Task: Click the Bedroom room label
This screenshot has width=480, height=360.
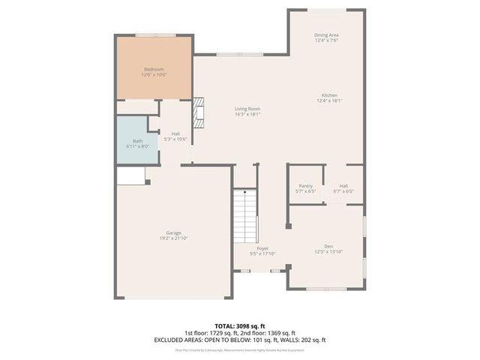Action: point(154,69)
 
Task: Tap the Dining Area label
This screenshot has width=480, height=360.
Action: point(326,35)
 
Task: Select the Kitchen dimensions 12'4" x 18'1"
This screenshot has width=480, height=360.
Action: point(330,101)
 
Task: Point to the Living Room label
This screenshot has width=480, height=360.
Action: point(247,109)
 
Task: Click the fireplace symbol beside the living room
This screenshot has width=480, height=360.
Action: point(199,112)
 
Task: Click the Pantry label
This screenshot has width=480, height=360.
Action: point(305,185)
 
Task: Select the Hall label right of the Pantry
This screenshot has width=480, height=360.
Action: point(343,185)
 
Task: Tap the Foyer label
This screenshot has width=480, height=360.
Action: point(262,248)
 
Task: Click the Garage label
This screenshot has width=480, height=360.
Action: point(173,232)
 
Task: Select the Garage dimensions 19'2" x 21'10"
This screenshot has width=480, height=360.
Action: point(173,238)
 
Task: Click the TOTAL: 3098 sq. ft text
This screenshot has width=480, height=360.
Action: point(239,325)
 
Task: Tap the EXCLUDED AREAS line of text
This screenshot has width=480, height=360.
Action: point(239,340)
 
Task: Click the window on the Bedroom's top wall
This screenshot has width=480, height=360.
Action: point(155,34)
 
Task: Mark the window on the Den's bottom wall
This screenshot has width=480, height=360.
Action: point(326,289)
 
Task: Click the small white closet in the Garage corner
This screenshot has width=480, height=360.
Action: point(130,175)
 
